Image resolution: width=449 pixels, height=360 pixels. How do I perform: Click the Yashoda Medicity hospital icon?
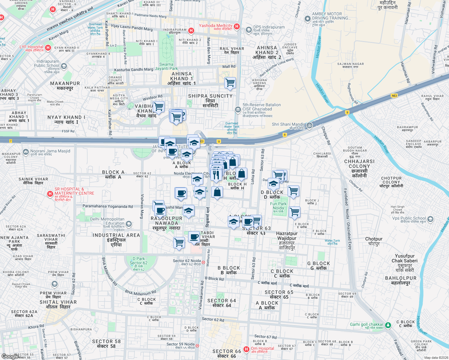(237, 26)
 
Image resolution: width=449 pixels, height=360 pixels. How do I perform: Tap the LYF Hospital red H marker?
(48, 48)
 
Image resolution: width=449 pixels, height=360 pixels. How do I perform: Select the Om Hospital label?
(262, 349)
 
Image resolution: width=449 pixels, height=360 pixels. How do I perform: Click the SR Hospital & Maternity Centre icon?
(50, 194)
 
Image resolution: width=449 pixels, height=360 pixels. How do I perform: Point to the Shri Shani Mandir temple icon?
(309, 125)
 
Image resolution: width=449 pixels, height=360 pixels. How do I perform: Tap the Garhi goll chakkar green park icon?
(388, 325)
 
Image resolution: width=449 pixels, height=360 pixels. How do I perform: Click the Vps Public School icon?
(430, 219)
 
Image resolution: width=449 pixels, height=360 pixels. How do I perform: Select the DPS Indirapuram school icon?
(249, 30)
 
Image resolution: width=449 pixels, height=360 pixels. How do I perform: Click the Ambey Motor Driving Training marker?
(307, 19)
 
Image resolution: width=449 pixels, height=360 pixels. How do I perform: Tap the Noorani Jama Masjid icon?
(26, 152)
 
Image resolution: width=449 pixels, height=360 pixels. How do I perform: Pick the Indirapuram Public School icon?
(64, 66)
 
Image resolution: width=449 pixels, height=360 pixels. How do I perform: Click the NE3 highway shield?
(394, 96)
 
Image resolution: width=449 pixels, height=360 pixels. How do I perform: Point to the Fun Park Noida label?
(278, 206)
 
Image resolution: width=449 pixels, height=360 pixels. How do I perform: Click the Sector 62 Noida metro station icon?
(203, 262)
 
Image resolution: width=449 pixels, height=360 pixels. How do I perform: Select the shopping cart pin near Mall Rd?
(230, 82)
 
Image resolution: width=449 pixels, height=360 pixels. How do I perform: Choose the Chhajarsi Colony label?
(359, 166)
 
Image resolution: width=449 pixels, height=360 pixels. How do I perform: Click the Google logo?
(10, 356)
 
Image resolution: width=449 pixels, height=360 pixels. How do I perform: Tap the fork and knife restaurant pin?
(216, 174)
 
